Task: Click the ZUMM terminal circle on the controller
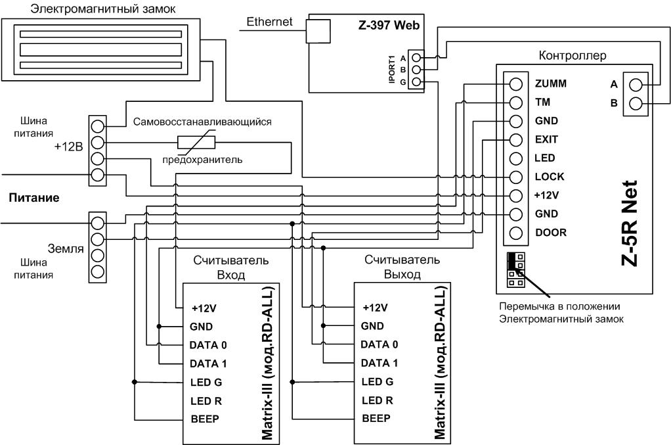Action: click(x=516, y=84)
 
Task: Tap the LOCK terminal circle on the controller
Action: click(x=516, y=177)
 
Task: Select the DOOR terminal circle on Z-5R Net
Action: click(x=516, y=233)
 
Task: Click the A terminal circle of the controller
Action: click(x=636, y=85)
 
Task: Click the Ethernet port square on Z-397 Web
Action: click(x=318, y=32)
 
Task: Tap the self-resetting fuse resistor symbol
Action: click(x=196, y=142)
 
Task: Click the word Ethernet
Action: click(x=269, y=22)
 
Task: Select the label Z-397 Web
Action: click(x=389, y=25)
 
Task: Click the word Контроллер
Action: click(x=572, y=56)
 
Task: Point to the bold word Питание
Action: click(x=34, y=198)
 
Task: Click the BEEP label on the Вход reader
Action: click(x=205, y=419)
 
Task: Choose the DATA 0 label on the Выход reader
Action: click(x=379, y=344)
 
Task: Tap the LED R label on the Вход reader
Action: click(x=206, y=401)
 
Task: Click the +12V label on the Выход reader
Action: click(x=375, y=308)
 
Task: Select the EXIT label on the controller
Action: click(x=546, y=139)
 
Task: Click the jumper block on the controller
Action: click(x=515, y=270)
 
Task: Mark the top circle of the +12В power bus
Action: click(x=98, y=126)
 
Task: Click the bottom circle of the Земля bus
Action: click(x=98, y=271)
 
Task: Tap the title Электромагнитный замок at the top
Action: click(x=103, y=9)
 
